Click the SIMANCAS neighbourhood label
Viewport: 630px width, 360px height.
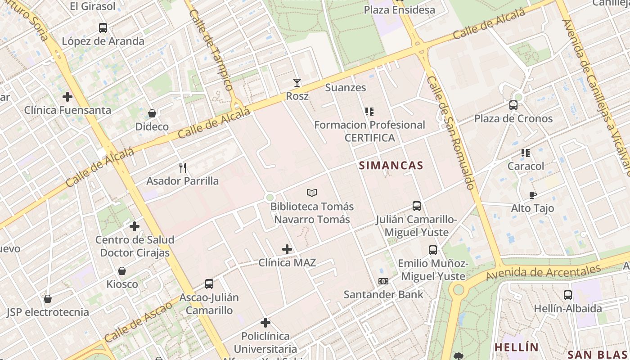391,166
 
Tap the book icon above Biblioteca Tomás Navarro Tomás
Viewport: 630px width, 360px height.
312,193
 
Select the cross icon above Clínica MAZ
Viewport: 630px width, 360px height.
287,249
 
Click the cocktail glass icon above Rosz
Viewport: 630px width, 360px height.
297,83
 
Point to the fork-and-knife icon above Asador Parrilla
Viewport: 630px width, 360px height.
183,168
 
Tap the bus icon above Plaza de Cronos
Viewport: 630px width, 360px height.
513,105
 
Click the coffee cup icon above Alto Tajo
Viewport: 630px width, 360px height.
533,195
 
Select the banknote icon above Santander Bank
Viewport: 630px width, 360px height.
383,281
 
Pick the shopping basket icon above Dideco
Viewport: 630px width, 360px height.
152,113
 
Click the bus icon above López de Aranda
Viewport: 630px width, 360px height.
103,28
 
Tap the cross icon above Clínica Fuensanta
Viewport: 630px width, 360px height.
67,97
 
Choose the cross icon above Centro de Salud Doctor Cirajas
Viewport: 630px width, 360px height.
135,226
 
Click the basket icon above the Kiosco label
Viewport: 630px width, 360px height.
122,271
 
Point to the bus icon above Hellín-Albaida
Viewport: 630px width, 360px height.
568,295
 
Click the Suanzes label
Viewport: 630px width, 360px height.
346,88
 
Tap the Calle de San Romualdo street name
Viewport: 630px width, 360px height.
451,132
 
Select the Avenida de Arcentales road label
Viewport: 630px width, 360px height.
543,272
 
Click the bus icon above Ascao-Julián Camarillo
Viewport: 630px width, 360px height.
209,284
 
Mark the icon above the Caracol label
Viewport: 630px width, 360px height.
526,153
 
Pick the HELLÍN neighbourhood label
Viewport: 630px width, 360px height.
517,347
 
